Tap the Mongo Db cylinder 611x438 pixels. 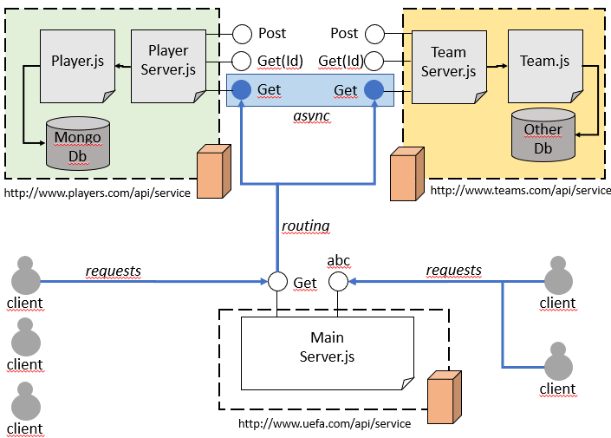(x=78, y=144)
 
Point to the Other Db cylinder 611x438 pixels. (x=543, y=136)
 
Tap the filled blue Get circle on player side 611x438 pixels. (x=242, y=89)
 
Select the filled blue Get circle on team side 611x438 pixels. (x=374, y=89)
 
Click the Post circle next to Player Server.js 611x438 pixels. (x=242, y=34)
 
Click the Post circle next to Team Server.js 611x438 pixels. (x=374, y=34)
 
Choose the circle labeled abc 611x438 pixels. (x=338, y=282)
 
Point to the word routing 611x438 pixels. (x=306, y=226)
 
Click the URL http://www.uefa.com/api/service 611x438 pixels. (x=324, y=423)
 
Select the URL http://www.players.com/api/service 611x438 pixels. (x=97, y=193)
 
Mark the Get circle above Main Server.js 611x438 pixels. (x=277, y=282)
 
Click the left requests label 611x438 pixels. (x=113, y=271)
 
